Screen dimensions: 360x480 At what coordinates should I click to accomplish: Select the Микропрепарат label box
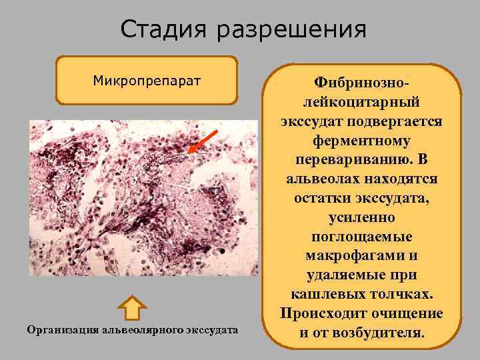[x=147, y=81]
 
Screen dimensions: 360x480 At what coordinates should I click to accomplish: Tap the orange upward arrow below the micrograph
[x=133, y=307]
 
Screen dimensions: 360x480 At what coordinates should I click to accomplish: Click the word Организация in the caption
[x=60, y=329]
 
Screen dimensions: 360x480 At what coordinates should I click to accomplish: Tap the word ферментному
[x=361, y=143]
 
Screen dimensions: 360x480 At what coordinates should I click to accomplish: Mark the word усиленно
[x=361, y=217]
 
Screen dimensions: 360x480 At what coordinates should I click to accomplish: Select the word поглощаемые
[x=361, y=237]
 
